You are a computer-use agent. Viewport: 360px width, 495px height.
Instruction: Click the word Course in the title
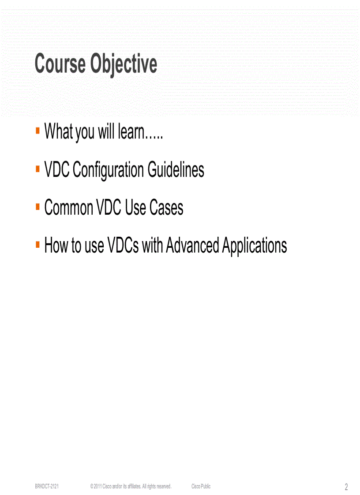tap(60, 64)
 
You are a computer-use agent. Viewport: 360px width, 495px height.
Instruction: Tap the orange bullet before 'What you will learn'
tap(38, 130)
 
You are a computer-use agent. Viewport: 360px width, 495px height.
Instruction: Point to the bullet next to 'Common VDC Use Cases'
tap(38, 206)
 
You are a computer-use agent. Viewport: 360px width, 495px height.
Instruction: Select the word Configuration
tap(109, 170)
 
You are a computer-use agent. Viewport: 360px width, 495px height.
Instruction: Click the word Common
tap(68, 208)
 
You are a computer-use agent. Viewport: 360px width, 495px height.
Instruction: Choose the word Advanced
tap(192, 245)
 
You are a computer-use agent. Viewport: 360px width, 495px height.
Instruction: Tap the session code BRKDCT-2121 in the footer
tap(47, 486)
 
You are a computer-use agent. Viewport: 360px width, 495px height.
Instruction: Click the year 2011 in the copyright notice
tap(97, 486)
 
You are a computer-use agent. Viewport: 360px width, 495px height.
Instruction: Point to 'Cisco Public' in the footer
tap(201, 486)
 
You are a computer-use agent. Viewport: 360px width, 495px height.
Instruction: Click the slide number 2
tap(346, 487)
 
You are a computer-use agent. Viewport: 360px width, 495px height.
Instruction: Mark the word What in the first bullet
tap(59, 131)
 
